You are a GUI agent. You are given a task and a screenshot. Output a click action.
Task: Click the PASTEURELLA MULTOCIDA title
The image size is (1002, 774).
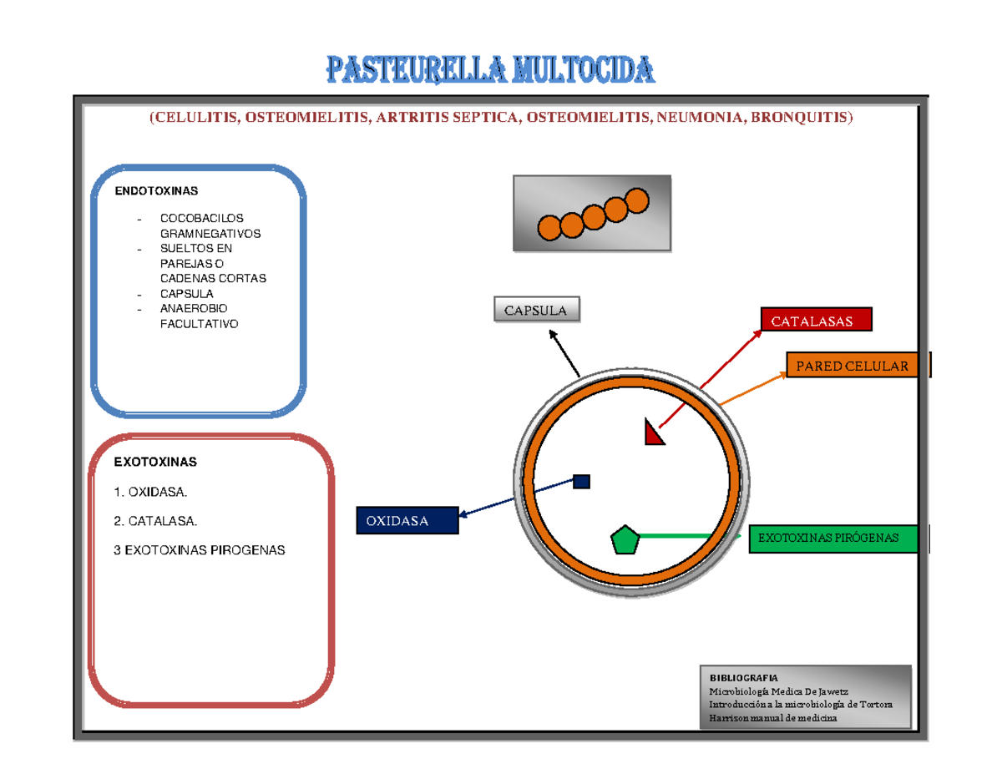click(x=491, y=70)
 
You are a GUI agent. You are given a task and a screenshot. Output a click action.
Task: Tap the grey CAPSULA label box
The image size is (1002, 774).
click(x=536, y=311)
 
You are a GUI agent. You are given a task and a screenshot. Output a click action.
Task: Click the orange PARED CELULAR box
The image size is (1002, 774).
click(x=852, y=366)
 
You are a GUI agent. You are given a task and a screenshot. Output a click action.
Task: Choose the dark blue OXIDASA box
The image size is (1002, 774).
click(x=407, y=521)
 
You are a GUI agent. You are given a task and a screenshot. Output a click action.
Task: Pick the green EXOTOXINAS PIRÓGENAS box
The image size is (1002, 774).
click(x=832, y=539)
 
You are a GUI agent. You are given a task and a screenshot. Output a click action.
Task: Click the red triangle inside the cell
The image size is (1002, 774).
click(x=652, y=433)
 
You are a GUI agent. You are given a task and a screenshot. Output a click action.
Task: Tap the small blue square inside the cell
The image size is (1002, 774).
click(x=582, y=481)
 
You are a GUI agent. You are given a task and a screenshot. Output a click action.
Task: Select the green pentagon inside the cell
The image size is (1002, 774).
click(x=625, y=540)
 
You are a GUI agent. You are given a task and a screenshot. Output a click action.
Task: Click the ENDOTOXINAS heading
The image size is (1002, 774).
click(x=156, y=190)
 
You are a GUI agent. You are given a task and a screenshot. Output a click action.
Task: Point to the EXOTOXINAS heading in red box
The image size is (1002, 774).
click(x=155, y=461)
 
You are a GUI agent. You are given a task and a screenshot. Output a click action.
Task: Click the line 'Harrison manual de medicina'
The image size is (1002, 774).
click(x=772, y=718)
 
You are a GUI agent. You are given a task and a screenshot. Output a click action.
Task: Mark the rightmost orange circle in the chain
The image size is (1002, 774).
click(x=636, y=200)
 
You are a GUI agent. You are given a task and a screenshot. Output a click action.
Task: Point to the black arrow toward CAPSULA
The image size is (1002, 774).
click(x=564, y=352)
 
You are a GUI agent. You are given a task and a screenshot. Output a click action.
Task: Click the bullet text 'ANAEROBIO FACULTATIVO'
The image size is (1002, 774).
click(x=199, y=316)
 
